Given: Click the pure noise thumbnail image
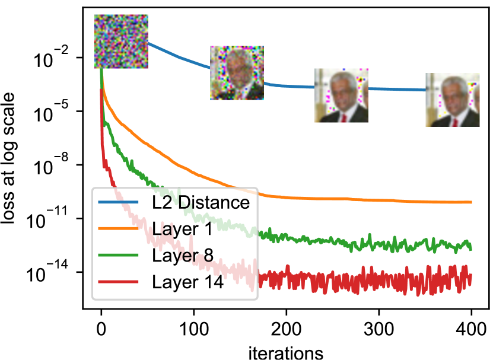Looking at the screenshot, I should coord(121,42).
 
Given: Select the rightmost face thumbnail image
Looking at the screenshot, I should coord(452,100).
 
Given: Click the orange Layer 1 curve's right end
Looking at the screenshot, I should coord(470,202).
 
